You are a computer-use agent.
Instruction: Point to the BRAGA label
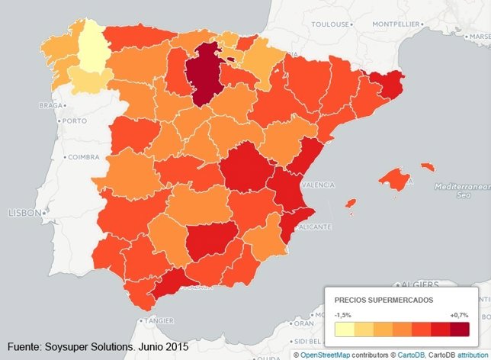pos(50,105)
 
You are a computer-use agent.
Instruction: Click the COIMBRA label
pos(84,158)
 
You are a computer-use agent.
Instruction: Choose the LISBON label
pos(24,213)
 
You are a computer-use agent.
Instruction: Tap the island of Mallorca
pos(394,180)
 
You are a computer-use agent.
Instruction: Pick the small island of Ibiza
pos(350,204)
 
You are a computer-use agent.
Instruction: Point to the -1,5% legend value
pos(343,314)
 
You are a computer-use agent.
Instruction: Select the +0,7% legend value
pos(459,314)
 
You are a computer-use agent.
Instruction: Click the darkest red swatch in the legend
pos(459,329)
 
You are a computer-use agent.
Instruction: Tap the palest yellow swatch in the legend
pos(344,329)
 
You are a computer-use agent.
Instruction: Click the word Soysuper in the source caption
pos(79,347)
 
